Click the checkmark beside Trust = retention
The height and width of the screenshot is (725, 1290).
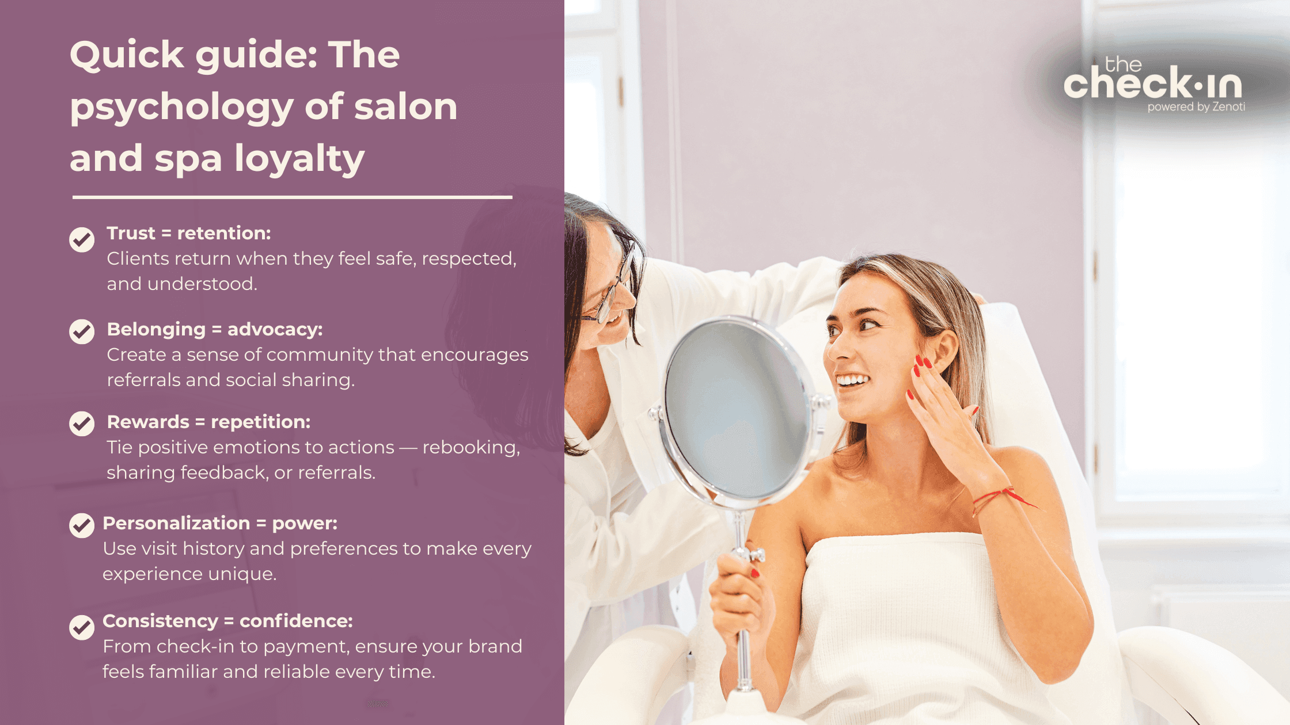tap(82, 239)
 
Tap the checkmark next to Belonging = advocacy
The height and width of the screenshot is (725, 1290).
tap(82, 331)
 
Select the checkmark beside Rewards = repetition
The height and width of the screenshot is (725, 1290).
tap(82, 423)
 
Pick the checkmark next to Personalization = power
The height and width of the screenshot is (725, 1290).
tap(82, 525)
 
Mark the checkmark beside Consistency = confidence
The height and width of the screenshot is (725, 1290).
tap(82, 627)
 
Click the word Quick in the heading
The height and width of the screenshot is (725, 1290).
tap(127, 55)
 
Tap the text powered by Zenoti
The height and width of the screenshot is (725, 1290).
tap(1196, 107)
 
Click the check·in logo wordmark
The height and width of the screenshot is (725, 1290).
tap(1152, 84)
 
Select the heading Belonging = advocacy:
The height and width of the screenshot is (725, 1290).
tap(215, 329)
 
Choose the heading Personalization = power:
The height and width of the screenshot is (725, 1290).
tap(220, 523)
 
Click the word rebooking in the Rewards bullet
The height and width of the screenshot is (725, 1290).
tap(470, 447)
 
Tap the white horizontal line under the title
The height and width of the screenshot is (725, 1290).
tap(292, 197)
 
